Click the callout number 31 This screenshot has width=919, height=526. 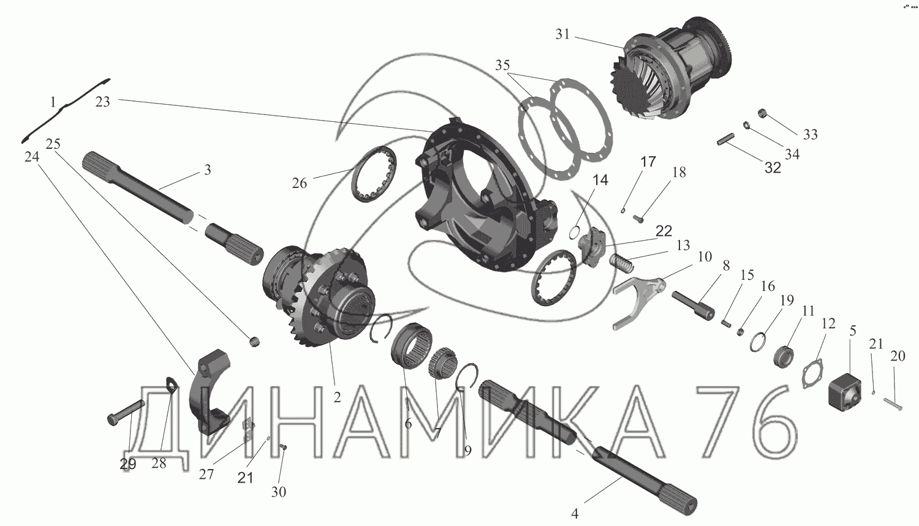point(562,34)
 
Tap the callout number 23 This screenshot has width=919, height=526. point(102,101)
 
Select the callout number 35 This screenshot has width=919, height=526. point(502,65)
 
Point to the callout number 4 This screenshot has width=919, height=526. point(575,513)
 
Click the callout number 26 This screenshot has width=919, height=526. point(299,183)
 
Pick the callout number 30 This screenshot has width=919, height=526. point(279,492)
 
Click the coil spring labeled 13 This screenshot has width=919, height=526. point(622,263)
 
